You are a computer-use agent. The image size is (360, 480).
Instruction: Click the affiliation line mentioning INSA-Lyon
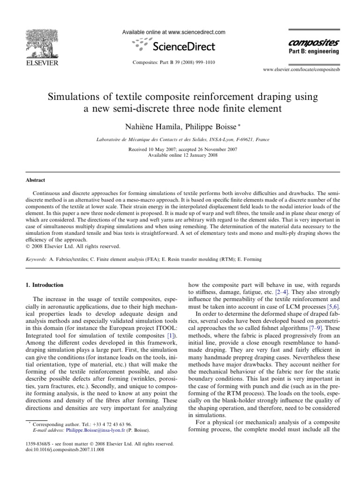tap(180, 140)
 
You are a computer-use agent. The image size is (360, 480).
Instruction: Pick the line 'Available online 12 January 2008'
tap(180, 155)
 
